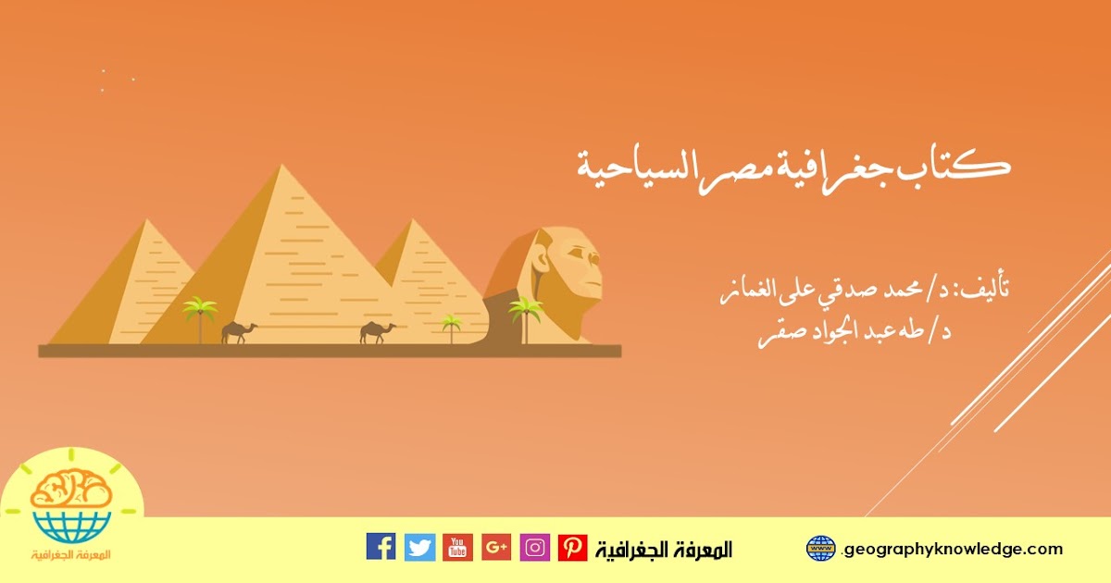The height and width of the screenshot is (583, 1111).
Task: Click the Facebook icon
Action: click(381, 547)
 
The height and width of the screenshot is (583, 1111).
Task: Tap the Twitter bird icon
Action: click(419, 547)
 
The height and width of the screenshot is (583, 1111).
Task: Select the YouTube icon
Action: click(457, 547)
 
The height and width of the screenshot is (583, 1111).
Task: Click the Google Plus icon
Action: click(496, 547)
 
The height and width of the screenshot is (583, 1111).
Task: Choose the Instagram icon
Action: click(535, 547)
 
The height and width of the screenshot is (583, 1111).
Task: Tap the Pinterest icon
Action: click(573, 547)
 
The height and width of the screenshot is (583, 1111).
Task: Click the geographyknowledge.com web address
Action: click(953, 549)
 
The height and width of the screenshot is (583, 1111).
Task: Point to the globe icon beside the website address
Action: click(821, 548)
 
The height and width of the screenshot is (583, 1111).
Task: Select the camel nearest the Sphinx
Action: click(378, 331)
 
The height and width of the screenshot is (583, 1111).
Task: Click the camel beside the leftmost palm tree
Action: click(239, 332)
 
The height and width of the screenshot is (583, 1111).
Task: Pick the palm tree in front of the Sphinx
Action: click(525, 318)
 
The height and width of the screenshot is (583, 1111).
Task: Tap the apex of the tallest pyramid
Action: click(281, 165)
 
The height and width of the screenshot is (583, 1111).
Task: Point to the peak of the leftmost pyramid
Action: click(146, 219)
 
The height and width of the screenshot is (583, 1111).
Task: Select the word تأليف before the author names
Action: click(985, 289)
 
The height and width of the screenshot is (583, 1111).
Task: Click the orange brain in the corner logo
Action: click(70, 488)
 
